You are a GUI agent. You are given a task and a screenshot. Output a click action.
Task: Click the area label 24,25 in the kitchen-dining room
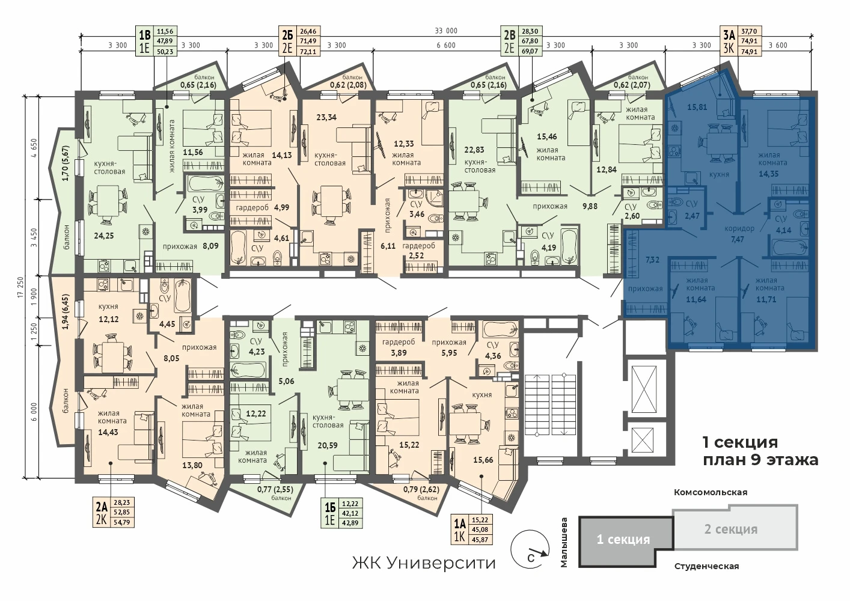[103, 236]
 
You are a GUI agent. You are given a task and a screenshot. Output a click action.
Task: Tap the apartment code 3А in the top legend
[729, 35]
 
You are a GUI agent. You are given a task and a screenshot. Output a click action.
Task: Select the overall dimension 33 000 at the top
[446, 31]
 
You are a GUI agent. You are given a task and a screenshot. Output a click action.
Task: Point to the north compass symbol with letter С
[530, 550]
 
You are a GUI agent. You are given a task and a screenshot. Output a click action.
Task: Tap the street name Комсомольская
[711, 492]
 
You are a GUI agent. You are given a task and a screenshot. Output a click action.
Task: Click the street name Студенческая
[706, 567]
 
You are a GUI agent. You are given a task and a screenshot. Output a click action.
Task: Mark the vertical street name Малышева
[564, 542]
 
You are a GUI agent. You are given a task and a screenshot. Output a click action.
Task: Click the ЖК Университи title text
[424, 563]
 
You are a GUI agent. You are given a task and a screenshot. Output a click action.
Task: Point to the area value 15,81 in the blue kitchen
[697, 107]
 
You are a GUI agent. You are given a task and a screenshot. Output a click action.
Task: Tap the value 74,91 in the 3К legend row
[749, 50]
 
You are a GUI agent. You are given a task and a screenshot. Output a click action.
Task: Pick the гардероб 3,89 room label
[399, 347]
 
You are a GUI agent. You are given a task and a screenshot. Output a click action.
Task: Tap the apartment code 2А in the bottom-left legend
[102, 507]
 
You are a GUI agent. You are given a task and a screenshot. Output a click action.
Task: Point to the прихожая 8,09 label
[191, 246]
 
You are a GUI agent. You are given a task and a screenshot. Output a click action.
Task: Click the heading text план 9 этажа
[760, 460]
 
